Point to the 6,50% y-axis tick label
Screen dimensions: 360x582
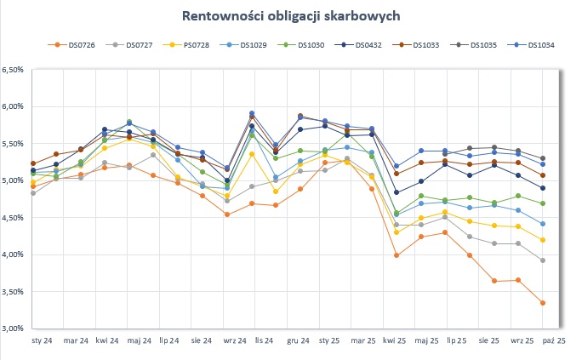pyautogui.click(x=16, y=70)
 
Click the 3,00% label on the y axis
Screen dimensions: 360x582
pyautogui.click(x=16, y=329)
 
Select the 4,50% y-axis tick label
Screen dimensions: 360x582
pyautogui.click(x=16, y=218)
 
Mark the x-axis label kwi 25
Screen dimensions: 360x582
pyautogui.click(x=394, y=340)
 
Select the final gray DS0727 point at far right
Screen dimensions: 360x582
pyautogui.click(x=543, y=260)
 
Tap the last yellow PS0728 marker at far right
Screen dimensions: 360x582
pyautogui.click(x=543, y=240)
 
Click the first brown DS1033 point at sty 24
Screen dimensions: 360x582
pyautogui.click(x=33, y=163)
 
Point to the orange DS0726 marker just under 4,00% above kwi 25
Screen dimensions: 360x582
pyautogui.click(x=397, y=255)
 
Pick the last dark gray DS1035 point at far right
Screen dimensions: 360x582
pyautogui.click(x=543, y=159)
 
